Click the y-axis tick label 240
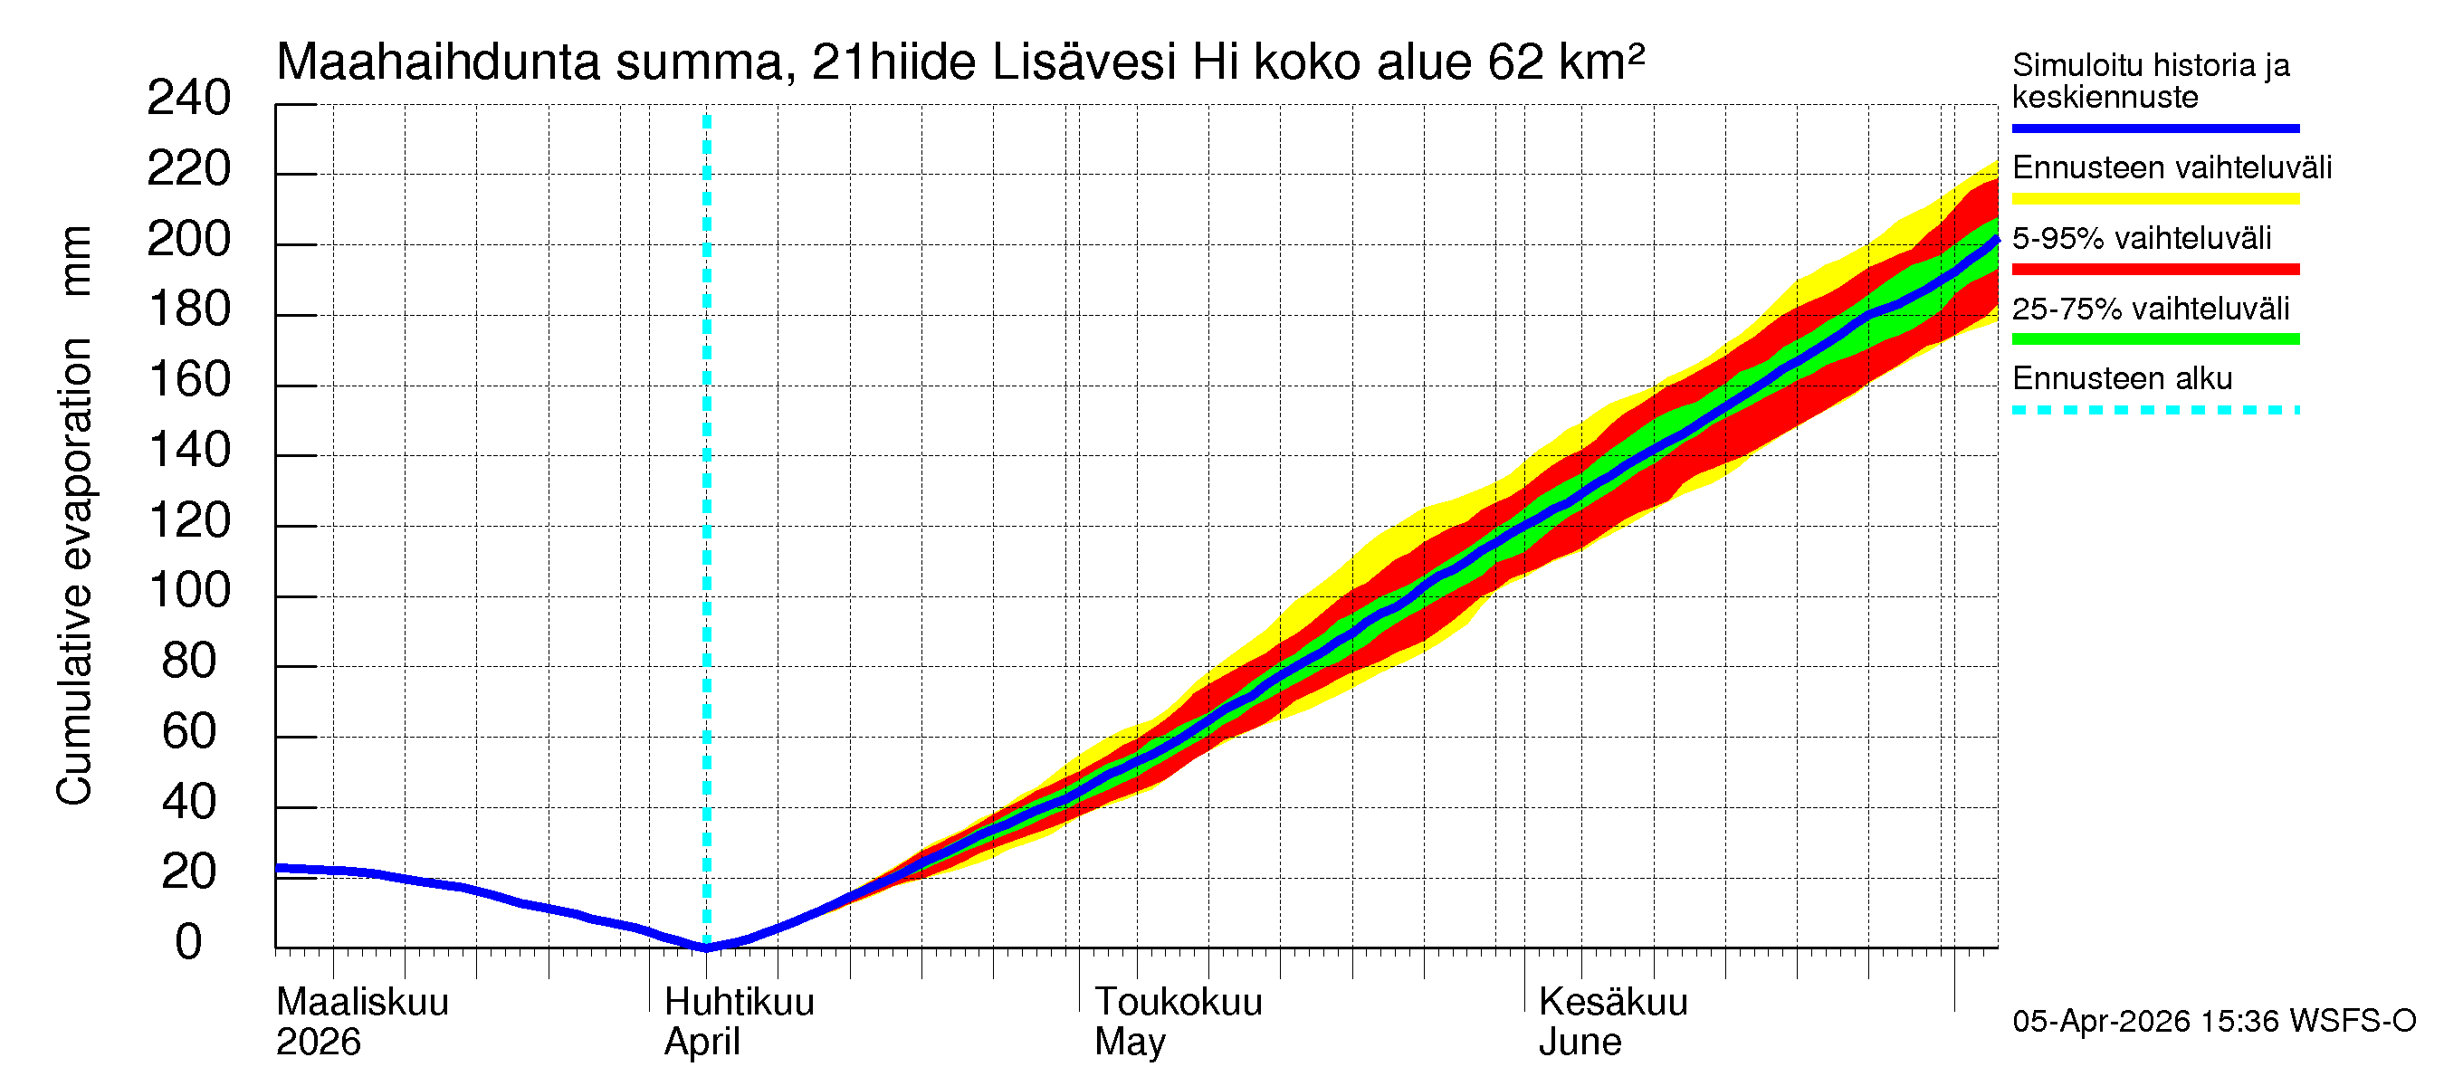coord(189,99)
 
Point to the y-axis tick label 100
coord(190,591)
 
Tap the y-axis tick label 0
coord(189,943)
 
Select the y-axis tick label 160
coord(190,380)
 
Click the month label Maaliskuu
coord(361,1003)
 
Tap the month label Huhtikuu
coord(738,1003)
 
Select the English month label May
coord(1129,1043)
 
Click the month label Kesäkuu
coord(1613,1003)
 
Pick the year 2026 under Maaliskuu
coord(318,1043)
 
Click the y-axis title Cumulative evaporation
coord(74,569)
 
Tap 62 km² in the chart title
coord(1565,62)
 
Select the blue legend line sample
coord(2154,128)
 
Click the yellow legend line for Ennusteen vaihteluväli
coord(2154,199)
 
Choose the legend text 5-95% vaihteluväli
coord(2142,238)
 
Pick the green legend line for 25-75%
coord(2154,338)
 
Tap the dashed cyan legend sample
coord(2154,410)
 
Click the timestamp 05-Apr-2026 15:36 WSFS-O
coord(2213,1022)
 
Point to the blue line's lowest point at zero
coord(707,947)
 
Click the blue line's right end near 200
coord(1996,241)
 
